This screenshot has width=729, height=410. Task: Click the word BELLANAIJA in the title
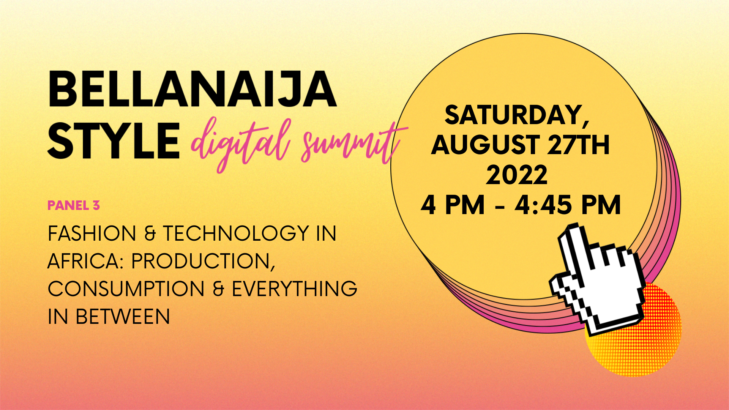click(192, 89)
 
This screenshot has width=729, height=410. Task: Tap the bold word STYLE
click(114, 140)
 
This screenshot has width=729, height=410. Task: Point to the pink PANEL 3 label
click(74, 205)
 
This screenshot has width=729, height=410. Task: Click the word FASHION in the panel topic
click(92, 233)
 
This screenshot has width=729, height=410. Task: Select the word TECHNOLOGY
click(236, 233)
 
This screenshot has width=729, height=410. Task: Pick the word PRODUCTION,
click(203, 262)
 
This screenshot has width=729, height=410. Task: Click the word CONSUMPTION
click(126, 289)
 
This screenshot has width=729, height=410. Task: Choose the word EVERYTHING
click(295, 289)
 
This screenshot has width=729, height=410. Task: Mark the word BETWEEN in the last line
click(123, 317)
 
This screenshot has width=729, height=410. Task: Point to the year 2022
click(517, 175)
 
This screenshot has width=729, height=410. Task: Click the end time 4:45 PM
click(568, 205)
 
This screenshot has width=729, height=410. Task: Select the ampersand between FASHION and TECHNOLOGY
click(150, 233)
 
